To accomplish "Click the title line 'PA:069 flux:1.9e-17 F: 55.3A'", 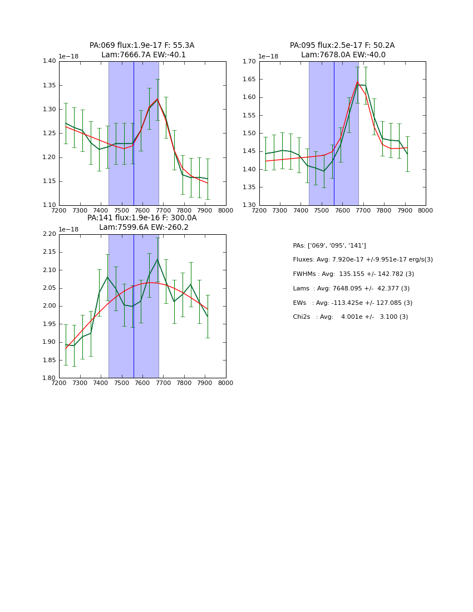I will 142,46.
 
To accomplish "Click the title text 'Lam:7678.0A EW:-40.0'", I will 343,55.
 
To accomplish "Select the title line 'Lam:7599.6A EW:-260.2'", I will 144,228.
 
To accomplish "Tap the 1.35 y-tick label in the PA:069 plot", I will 49,86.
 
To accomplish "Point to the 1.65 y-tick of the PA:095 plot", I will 249,80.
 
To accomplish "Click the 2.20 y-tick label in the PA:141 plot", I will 49,234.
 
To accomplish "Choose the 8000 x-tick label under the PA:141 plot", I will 226,383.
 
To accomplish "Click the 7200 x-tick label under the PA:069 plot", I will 59,210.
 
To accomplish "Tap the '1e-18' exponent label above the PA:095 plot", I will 268,57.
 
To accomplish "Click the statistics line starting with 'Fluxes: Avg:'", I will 362,260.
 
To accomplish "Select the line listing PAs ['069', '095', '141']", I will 329,245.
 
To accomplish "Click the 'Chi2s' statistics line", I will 350,317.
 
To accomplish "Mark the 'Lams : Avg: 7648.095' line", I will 351,288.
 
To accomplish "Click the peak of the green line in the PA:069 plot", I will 157,99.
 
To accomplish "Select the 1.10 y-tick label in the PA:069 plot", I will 49,205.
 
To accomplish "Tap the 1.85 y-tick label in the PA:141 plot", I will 49,360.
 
